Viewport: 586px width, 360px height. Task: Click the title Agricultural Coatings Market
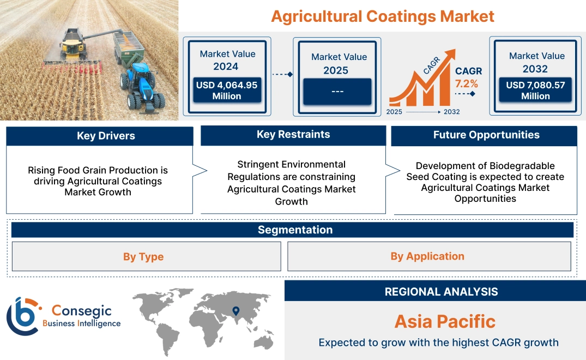click(x=382, y=16)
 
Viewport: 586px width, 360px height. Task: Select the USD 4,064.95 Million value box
click(x=227, y=90)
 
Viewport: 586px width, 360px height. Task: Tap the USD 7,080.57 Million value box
click(x=535, y=90)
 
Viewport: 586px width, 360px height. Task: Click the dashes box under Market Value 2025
click(x=337, y=91)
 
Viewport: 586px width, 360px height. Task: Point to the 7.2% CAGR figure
click(x=467, y=83)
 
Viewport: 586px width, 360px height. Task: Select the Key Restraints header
click(x=293, y=135)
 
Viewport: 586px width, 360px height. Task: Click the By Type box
click(x=143, y=256)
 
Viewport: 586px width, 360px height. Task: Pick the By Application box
click(x=427, y=256)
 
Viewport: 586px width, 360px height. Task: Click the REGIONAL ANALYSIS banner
click(x=441, y=291)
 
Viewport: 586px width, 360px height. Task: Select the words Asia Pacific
click(x=445, y=321)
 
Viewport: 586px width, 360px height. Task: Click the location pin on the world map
click(x=235, y=311)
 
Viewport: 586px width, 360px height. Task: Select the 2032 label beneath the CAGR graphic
click(x=451, y=112)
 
